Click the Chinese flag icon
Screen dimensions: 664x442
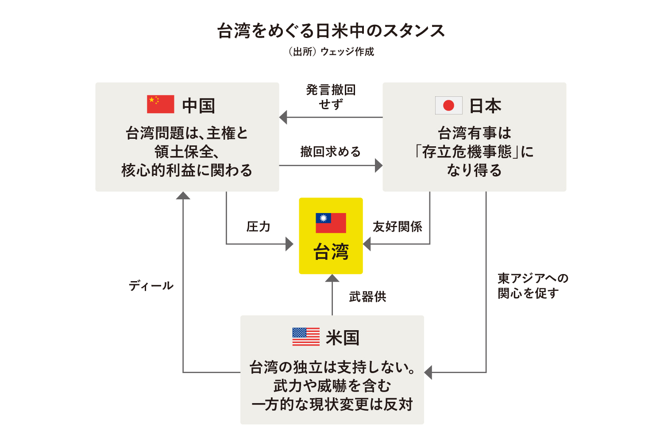tap(160, 104)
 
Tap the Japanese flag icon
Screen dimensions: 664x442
tap(448, 105)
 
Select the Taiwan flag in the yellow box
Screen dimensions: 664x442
tap(331, 223)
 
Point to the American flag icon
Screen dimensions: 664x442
tap(306, 337)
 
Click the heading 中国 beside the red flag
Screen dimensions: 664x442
tap(199, 106)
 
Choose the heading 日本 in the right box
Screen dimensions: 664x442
tap(485, 106)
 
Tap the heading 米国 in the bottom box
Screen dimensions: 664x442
tap(343, 338)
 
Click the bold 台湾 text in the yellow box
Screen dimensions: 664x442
tap(331, 251)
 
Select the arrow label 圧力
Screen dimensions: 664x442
tap(258, 227)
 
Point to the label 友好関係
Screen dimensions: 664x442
tap(398, 227)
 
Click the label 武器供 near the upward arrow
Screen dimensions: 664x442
tap(367, 297)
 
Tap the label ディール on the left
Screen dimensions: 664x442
tap(151, 286)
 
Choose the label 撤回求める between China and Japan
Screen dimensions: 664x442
tap(331, 152)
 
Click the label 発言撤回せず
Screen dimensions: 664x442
tap(331, 97)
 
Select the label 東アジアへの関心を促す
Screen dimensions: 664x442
tap(533, 286)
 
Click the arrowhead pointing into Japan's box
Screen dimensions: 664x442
tap(379, 165)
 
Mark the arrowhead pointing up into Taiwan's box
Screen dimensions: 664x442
tap(332, 278)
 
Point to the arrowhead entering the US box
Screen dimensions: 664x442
tap(428, 373)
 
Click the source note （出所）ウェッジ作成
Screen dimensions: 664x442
tap(331, 52)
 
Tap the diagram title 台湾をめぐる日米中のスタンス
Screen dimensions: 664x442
tap(331, 30)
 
